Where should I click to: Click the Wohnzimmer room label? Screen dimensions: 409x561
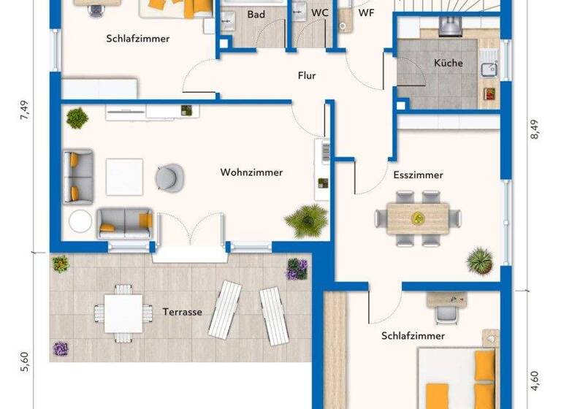[x=251, y=172]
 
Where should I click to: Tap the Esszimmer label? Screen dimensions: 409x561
[x=418, y=175]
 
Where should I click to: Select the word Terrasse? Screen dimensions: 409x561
[x=182, y=312]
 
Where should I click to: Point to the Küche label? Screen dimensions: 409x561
[x=448, y=63]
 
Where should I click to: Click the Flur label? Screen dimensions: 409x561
[x=307, y=75]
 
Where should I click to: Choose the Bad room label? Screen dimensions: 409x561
[x=256, y=14]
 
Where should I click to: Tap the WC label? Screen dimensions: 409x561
[x=319, y=13]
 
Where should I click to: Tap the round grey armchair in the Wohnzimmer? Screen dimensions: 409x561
[x=169, y=176]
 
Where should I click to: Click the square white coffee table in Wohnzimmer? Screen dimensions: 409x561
[x=124, y=177]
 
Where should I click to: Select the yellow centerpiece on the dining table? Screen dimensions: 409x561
[x=418, y=217]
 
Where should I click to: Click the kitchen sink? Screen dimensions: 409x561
[x=486, y=71]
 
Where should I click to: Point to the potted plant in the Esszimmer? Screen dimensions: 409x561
[x=480, y=259]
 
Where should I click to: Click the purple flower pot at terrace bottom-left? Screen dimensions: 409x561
[x=61, y=349]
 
